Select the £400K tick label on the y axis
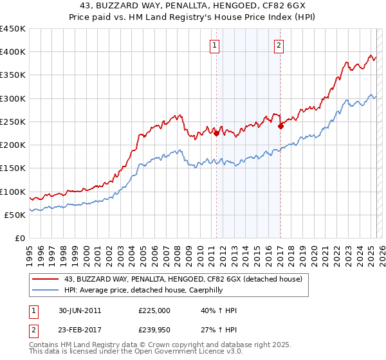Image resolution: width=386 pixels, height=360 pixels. tap(12, 52)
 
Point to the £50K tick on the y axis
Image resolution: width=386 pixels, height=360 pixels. tap(15, 215)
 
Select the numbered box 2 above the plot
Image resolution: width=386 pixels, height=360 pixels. tap(279, 45)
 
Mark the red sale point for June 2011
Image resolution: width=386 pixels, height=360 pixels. tap(216, 134)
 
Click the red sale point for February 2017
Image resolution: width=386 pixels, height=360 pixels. tap(280, 127)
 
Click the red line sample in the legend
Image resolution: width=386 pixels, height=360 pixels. tap(46, 279)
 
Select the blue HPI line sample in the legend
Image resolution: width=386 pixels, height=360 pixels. tap(46, 290)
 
